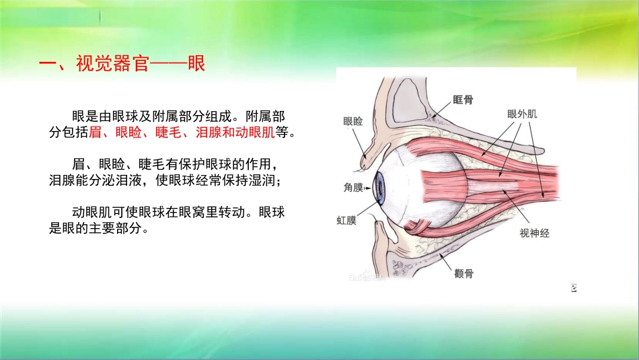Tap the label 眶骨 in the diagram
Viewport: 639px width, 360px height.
(x=463, y=100)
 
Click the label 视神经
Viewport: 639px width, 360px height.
(x=534, y=233)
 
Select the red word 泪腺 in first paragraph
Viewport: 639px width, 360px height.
(x=207, y=133)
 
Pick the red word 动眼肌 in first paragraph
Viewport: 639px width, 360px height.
(x=253, y=133)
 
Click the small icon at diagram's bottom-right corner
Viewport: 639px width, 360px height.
(x=574, y=289)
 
